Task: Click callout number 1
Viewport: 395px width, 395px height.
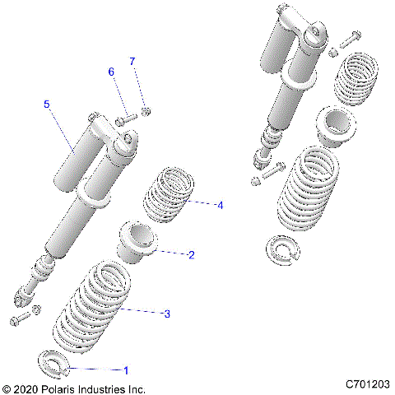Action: pyautogui.click(x=126, y=370)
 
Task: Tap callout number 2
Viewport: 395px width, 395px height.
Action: pyautogui.click(x=191, y=255)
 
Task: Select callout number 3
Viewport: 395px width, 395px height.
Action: pyautogui.click(x=167, y=314)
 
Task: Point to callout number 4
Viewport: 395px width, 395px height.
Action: pyautogui.click(x=220, y=205)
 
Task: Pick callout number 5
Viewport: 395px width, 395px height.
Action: pyautogui.click(x=47, y=105)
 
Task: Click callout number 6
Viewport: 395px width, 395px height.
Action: pyautogui.click(x=111, y=72)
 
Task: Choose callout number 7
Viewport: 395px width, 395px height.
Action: pyautogui.click(x=132, y=62)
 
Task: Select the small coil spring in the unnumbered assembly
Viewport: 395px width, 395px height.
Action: pyautogui.click(x=356, y=81)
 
